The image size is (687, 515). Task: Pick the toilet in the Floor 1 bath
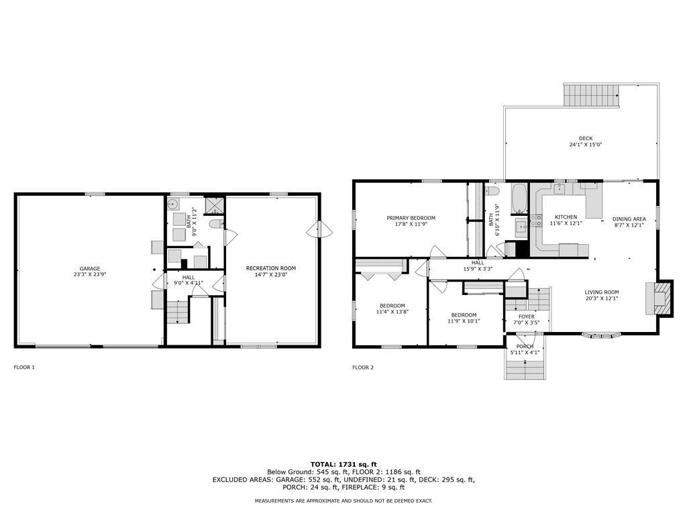[215, 223]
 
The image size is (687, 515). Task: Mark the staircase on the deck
[591, 96]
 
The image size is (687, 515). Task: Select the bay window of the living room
[601, 335]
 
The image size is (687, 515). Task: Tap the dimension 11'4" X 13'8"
[392, 312]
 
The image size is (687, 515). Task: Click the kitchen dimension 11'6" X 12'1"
[566, 224]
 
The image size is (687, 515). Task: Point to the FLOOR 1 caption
[24, 367]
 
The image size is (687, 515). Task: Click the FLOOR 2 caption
[363, 367]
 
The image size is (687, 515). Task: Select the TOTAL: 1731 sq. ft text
[343, 464]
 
